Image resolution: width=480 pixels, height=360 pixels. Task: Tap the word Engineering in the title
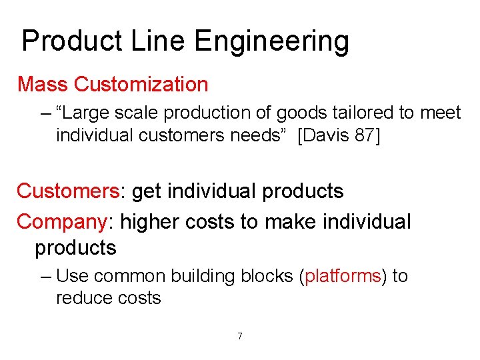click(x=272, y=41)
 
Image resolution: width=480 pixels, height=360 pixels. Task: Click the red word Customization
click(x=141, y=85)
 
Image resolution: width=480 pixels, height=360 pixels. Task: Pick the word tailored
click(x=365, y=113)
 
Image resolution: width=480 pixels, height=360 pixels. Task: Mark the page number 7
click(x=240, y=336)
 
